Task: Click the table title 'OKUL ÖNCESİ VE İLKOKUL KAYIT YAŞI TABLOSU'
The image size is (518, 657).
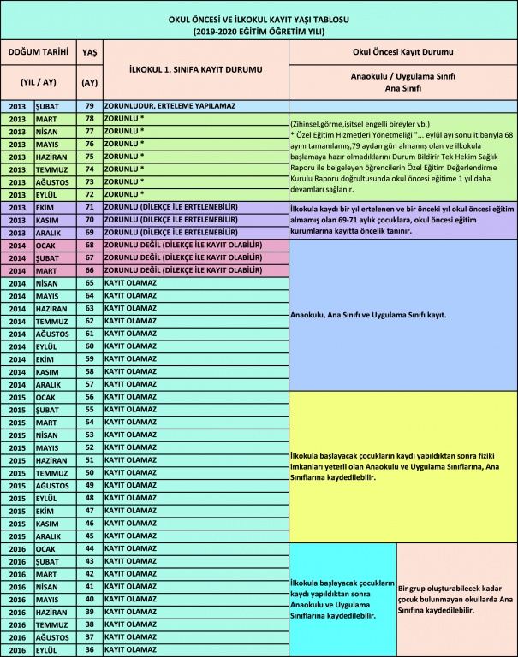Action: click(x=259, y=19)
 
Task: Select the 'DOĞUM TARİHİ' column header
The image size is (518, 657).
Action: click(x=38, y=51)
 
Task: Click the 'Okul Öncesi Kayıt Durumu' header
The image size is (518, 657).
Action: click(x=402, y=51)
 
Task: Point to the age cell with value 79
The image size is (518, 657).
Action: click(x=88, y=106)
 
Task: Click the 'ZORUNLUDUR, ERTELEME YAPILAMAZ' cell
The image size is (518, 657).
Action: click(x=194, y=106)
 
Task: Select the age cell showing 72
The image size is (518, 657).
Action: click(x=88, y=194)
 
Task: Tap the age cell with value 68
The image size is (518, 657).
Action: click(x=88, y=245)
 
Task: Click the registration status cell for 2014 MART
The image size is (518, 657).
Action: click(x=194, y=269)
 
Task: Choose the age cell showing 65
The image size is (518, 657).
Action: click(x=88, y=282)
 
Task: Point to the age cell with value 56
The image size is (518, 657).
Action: click(x=88, y=397)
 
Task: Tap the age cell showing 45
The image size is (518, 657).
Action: click(x=88, y=536)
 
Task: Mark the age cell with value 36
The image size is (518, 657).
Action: click(x=88, y=650)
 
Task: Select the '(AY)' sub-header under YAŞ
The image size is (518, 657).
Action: click(x=88, y=83)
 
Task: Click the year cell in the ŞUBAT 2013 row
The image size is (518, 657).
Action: click(x=18, y=106)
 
